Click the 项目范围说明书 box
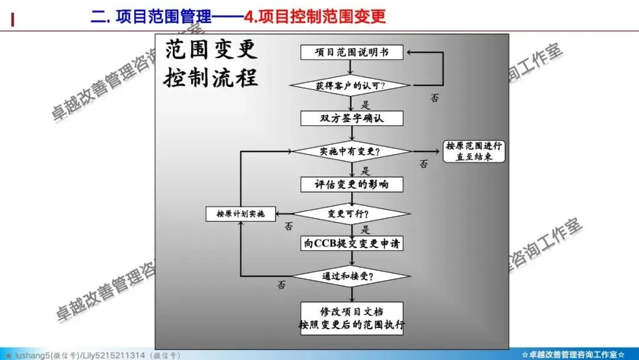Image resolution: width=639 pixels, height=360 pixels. [x=352, y=52]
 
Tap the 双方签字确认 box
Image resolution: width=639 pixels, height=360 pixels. [x=352, y=118]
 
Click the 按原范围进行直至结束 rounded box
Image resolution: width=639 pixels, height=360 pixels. [x=475, y=152]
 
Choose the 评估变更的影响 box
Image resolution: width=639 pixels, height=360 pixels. [x=352, y=184]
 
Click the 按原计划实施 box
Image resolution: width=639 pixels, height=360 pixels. [x=241, y=214]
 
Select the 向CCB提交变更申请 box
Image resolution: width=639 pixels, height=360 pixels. [x=352, y=243]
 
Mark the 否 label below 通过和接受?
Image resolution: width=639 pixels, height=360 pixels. [x=281, y=285]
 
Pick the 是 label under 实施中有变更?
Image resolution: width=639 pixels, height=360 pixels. [x=365, y=171]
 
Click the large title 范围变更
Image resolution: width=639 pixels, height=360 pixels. [x=211, y=50]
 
